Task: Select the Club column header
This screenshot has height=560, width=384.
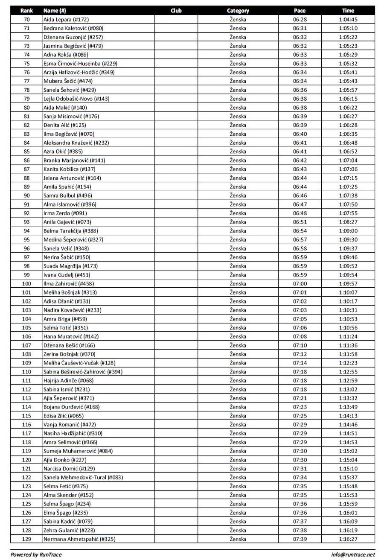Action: pos(175,11)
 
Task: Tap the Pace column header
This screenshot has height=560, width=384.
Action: pos(300,11)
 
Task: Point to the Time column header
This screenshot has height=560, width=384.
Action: pos(348,11)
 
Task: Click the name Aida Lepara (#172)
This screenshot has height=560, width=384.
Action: pos(66,20)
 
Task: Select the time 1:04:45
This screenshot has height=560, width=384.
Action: pos(348,20)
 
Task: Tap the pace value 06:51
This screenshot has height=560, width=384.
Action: pos(300,222)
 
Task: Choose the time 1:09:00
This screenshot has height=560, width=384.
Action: pos(348,230)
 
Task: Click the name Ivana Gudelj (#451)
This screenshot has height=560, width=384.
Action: pos(67,274)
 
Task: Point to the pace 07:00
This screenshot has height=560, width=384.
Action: pos(300,283)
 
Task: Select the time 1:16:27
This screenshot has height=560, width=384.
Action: pos(348,539)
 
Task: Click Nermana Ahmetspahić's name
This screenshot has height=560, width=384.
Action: pos(79,539)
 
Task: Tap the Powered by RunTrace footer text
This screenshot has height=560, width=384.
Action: pos(36,554)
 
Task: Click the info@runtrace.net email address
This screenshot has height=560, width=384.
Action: pos(353,554)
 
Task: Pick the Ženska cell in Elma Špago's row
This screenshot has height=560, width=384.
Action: pos(238,512)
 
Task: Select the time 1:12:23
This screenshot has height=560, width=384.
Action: pos(348,363)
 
